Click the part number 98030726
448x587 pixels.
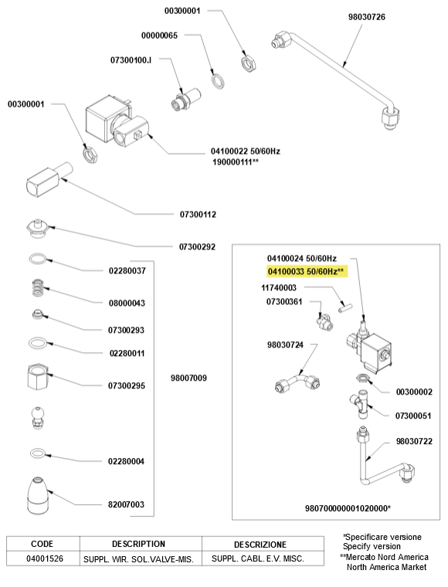[366, 17]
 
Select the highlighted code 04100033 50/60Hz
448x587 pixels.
[305, 271]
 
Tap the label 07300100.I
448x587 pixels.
[131, 60]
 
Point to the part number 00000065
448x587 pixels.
[159, 36]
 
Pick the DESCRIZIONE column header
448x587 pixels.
[260, 545]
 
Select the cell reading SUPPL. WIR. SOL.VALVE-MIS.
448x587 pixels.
[138, 559]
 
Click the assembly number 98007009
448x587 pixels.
[188, 378]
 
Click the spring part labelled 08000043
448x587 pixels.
[37, 287]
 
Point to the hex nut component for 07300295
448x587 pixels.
[38, 377]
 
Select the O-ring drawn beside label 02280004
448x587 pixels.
[37, 453]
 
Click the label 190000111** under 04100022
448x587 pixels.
[236, 162]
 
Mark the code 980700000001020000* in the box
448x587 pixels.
[348, 508]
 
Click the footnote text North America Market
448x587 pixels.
[386, 567]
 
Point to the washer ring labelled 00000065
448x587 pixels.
[218, 81]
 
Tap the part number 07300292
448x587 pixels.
[197, 247]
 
